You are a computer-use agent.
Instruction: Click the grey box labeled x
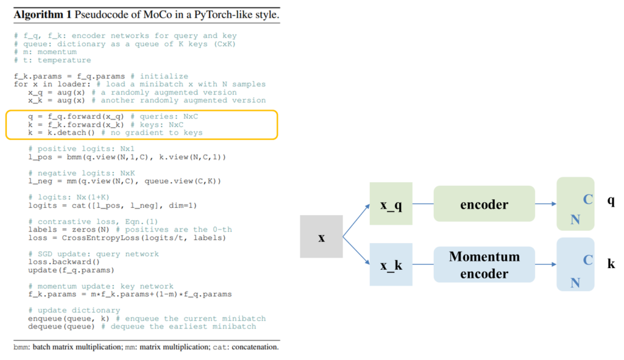(x=321, y=237)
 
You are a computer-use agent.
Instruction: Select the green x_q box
(x=391, y=203)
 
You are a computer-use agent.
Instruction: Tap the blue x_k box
(x=391, y=264)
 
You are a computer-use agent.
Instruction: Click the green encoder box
(x=484, y=203)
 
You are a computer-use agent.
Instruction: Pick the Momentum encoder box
(x=484, y=264)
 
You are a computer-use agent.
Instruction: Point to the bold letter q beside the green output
(x=611, y=200)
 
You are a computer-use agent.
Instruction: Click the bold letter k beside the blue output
(x=611, y=263)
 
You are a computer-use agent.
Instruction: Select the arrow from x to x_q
(x=356, y=221)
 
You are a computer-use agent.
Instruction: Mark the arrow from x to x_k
(x=356, y=250)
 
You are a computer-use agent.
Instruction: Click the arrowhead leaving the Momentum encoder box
(x=553, y=264)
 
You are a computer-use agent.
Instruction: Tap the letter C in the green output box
(x=588, y=199)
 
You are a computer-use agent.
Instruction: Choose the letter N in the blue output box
(x=575, y=283)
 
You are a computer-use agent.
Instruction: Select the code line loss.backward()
(x=63, y=262)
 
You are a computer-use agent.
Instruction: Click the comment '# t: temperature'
(x=52, y=60)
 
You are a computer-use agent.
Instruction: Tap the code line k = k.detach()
(x=62, y=132)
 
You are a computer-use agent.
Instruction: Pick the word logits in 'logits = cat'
(x=43, y=205)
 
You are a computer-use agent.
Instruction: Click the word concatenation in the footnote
(x=255, y=347)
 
